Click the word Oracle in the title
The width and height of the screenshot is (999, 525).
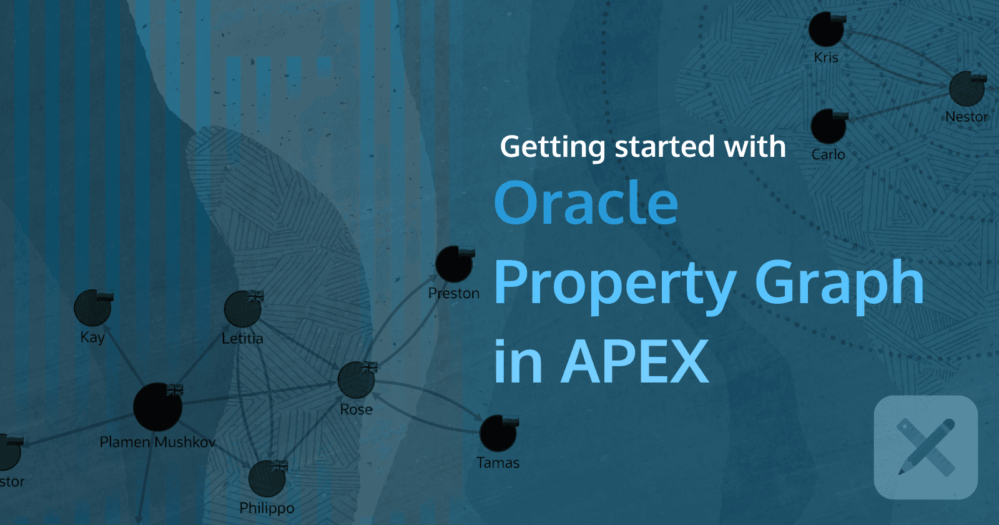586,203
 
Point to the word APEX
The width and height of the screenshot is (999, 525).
635,362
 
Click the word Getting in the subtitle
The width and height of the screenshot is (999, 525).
553,147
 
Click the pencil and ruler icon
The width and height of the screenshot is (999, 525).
925,447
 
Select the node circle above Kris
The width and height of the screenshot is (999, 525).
826,29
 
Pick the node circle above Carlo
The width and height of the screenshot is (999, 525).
828,127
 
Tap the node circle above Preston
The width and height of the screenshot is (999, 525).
453,264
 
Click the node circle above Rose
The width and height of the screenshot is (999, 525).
356,380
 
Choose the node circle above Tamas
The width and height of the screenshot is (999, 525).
498,433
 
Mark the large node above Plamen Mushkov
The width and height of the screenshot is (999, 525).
157,407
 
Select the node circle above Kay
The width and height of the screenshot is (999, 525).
92,308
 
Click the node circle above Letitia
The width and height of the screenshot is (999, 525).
242,309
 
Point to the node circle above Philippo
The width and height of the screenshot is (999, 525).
267,479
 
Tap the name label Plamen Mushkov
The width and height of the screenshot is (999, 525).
158,442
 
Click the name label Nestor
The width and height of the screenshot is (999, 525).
966,117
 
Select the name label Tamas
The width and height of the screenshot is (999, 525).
498,463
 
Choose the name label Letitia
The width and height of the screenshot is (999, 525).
242,339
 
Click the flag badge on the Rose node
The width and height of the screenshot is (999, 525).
370,367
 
